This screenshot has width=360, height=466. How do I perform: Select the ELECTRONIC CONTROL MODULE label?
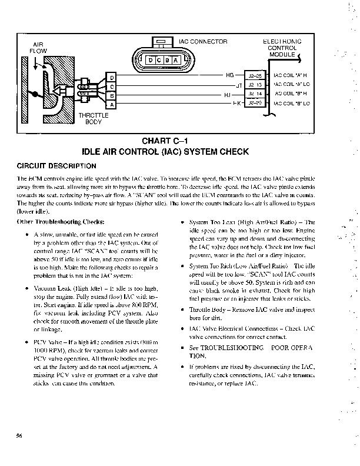[x=281, y=48]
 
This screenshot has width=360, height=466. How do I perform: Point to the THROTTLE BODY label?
[x=93, y=118]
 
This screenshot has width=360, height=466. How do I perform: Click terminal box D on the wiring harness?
[x=112, y=78]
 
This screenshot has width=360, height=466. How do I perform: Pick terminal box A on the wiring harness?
[x=112, y=104]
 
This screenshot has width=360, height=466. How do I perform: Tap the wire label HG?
[x=229, y=75]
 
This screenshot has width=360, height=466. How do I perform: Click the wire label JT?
[x=239, y=85]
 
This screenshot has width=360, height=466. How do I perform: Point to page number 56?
[x=19, y=435]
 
